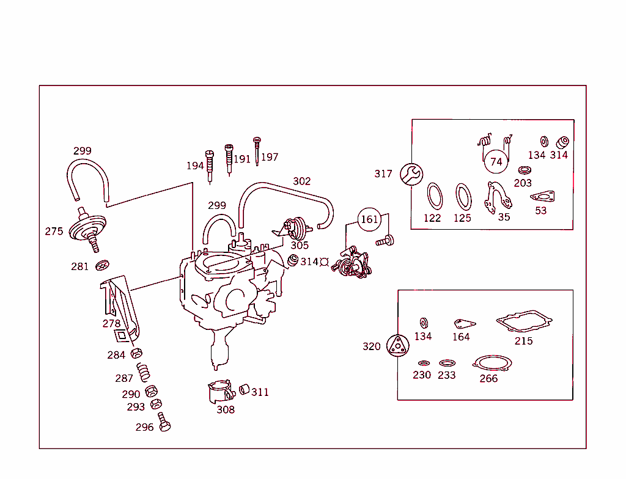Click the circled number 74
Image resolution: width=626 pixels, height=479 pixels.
point(496,162)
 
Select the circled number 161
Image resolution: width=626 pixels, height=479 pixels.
point(369,219)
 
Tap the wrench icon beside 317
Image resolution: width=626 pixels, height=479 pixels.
point(411,174)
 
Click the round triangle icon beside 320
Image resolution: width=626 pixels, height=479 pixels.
point(398,346)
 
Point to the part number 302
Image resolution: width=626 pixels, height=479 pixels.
point(301,181)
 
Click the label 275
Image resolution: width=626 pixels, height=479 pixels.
point(54,232)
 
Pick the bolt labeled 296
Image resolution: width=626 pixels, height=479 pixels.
point(164,422)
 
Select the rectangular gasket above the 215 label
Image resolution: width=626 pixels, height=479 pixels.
point(524,321)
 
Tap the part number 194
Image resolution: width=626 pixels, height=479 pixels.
point(195,166)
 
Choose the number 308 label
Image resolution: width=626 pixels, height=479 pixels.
point(226,410)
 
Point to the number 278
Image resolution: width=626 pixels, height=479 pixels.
point(111,324)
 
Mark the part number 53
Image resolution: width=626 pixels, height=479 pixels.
point(540,211)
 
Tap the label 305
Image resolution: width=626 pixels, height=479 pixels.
point(300,246)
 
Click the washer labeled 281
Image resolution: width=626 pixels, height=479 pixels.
point(102,266)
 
